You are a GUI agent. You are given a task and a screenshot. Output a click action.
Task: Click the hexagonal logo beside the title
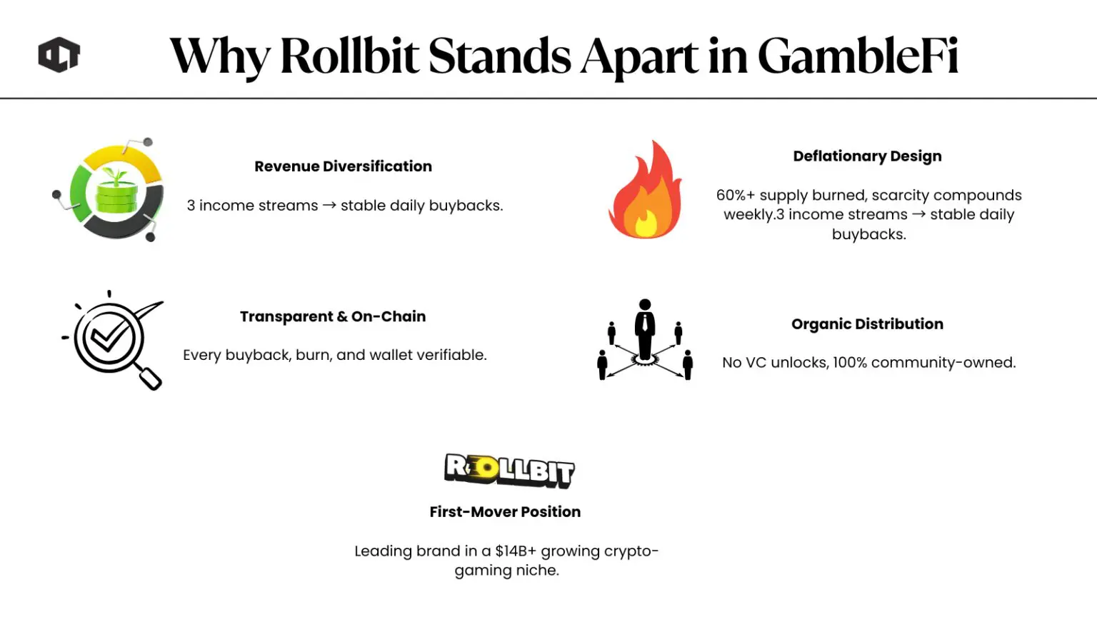(x=59, y=55)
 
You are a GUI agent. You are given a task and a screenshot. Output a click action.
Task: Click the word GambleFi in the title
(x=857, y=56)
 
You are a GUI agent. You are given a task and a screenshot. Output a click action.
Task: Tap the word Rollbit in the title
(x=350, y=56)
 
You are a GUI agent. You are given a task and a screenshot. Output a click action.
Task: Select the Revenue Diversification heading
(x=343, y=166)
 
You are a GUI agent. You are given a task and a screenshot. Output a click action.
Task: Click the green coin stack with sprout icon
(x=116, y=191)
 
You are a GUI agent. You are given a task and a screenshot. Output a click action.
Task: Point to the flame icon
(x=646, y=191)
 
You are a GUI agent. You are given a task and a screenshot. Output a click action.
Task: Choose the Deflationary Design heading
(x=867, y=156)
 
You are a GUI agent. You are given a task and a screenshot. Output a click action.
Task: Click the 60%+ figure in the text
(x=735, y=196)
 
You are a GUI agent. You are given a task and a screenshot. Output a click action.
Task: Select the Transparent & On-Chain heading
(x=333, y=316)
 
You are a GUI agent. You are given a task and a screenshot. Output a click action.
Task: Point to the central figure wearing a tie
(x=645, y=329)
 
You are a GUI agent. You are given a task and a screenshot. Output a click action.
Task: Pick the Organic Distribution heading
(x=867, y=324)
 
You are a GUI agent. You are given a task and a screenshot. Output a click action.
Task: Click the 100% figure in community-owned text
(x=849, y=363)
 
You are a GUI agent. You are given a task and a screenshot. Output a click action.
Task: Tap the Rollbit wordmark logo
(x=509, y=470)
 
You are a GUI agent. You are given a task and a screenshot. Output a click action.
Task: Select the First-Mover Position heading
(x=505, y=512)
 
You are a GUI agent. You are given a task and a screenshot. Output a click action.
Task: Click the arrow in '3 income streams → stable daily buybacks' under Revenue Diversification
(x=329, y=206)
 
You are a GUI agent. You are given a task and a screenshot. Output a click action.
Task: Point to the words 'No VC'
(x=744, y=363)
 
